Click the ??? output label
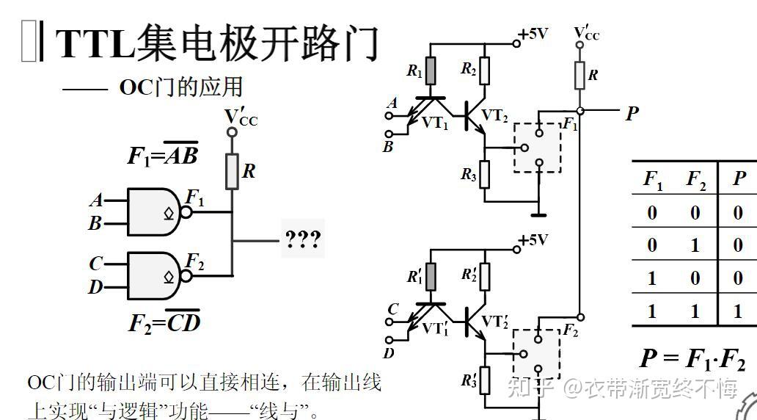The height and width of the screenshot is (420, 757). (x=303, y=240)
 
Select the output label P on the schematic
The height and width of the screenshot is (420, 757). (x=632, y=112)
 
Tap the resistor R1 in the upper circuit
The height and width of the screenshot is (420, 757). (x=431, y=71)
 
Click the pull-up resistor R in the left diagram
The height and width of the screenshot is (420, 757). (x=232, y=171)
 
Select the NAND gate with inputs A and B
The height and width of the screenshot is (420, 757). (x=155, y=211)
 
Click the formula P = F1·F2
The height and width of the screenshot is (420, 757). (x=692, y=358)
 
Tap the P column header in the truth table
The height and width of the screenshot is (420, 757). (x=739, y=178)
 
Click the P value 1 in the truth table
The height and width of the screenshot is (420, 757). (x=738, y=311)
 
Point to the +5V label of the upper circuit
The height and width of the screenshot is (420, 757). (x=533, y=34)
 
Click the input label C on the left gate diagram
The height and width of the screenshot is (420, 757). (x=96, y=263)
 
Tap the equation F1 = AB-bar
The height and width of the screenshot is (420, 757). (x=162, y=155)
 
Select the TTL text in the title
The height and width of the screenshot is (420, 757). (x=95, y=44)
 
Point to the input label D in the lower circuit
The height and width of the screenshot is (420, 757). (x=389, y=353)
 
